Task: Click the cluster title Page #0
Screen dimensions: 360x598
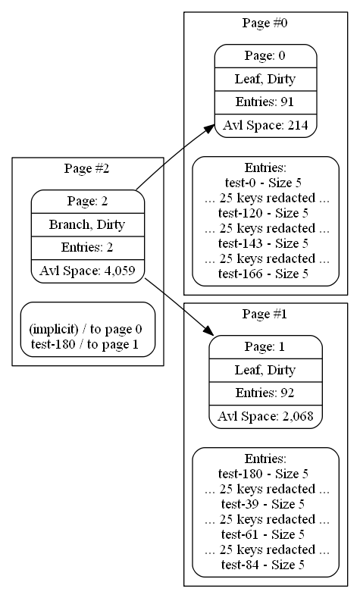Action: click(265, 23)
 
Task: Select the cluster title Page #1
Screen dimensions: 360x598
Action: click(265, 314)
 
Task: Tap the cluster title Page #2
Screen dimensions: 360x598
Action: click(87, 168)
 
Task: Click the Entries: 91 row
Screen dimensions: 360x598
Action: click(265, 102)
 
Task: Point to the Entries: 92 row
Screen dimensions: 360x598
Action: click(265, 393)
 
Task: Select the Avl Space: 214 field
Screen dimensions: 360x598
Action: click(265, 126)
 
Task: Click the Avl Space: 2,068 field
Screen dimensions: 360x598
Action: click(265, 416)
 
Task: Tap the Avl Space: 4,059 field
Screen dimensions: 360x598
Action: click(88, 271)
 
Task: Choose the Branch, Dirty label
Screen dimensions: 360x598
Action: click(87, 224)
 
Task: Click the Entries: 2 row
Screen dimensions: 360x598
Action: click(88, 248)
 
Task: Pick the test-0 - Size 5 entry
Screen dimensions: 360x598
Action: click(263, 183)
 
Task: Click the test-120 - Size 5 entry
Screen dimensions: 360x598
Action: click(263, 213)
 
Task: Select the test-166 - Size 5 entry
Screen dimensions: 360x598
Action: click(263, 274)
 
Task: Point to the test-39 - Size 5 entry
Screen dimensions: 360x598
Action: click(263, 504)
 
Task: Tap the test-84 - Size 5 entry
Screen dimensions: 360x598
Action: click(263, 565)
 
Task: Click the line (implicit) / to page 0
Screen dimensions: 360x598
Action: click(86, 329)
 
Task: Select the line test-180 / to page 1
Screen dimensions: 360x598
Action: click(85, 344)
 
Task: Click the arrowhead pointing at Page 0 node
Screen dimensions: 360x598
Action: click(209, 129)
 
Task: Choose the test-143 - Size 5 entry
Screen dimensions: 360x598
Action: click(263, 243)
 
